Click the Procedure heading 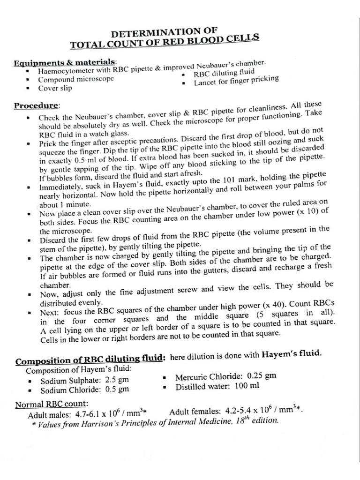pyautogui.click(x=36, y=105)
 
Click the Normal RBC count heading pyautogui.click(x=52, y=404)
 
